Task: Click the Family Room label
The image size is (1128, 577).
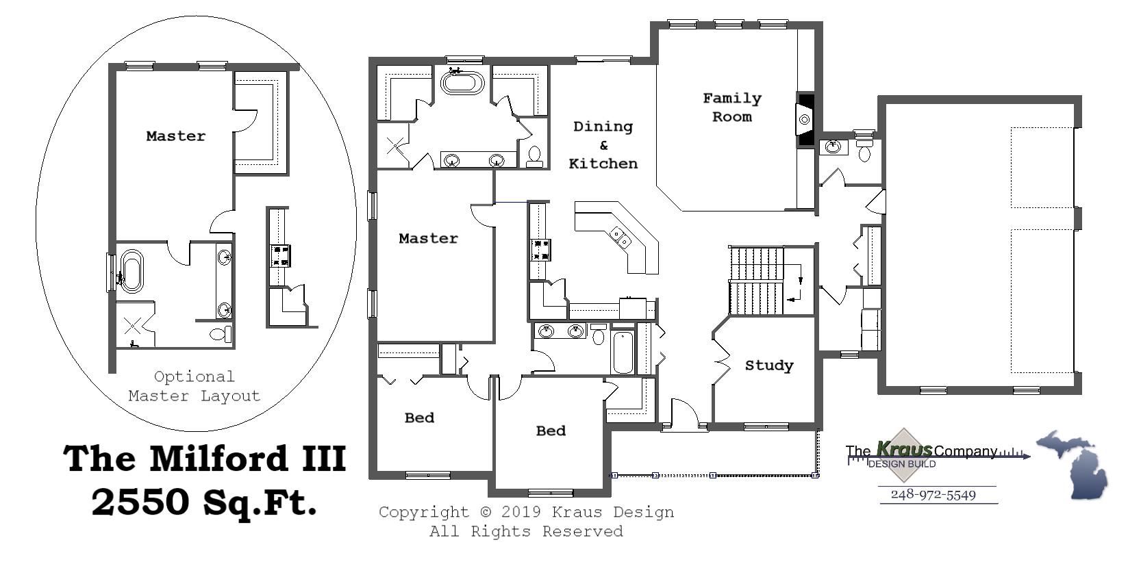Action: tap(731, 107)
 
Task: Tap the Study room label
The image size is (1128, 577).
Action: tap(768, 366)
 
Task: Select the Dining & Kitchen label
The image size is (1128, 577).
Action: tap(603, 144)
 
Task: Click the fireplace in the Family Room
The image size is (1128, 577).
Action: tap(805, 120)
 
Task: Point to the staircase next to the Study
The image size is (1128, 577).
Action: tap(757, 281)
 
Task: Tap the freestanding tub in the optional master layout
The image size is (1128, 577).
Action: tap(131, 272)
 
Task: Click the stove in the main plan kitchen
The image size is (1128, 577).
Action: tap(540, 249)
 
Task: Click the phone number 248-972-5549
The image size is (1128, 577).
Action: tap(933, 495)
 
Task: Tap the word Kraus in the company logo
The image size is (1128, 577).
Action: tap(904, 450)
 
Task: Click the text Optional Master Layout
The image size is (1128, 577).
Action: tap(194, 386)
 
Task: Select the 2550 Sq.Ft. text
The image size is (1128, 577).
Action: tap(203, 502)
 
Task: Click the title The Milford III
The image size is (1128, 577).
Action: tap(204, 458)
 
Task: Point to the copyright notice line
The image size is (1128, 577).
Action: tap(526, 512)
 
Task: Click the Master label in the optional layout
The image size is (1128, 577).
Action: tap(175, 136)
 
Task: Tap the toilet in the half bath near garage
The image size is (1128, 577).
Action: tap(864, 151)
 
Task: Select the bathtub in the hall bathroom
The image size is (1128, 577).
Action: tap(623, 352)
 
